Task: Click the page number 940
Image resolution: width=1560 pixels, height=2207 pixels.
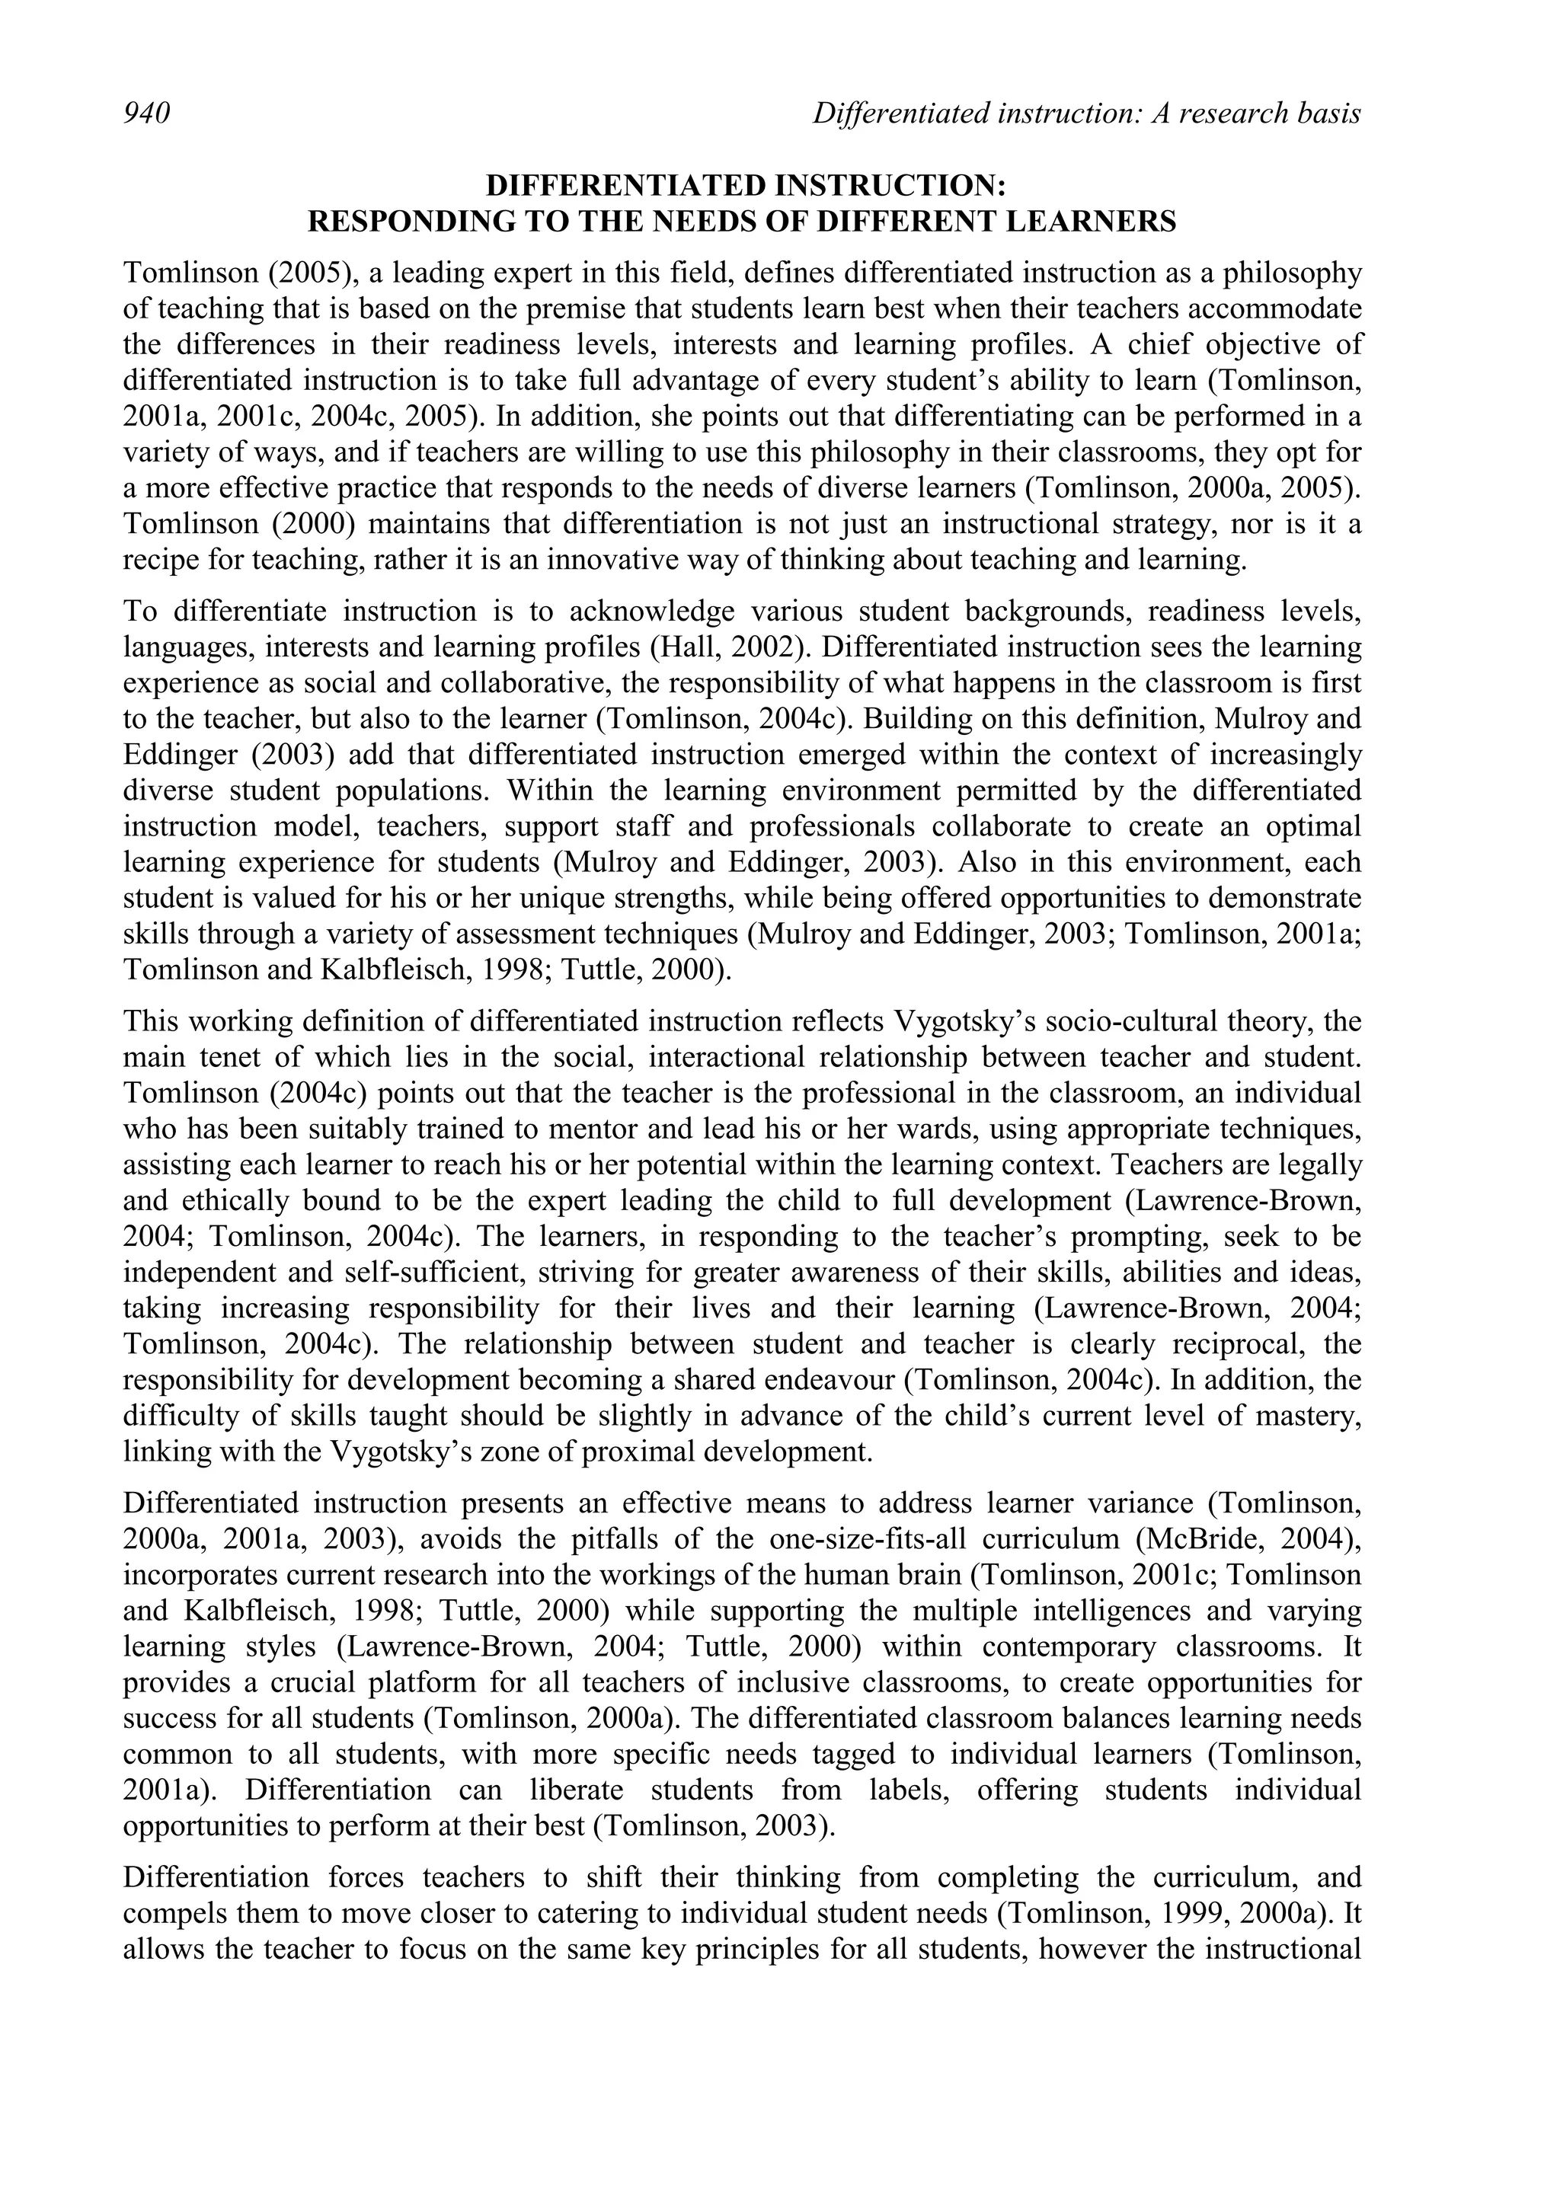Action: [146, 113]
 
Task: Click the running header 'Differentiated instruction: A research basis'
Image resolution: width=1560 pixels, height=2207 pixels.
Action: [1086, 113]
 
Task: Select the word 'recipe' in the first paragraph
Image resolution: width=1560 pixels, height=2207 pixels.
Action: [155, 561]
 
